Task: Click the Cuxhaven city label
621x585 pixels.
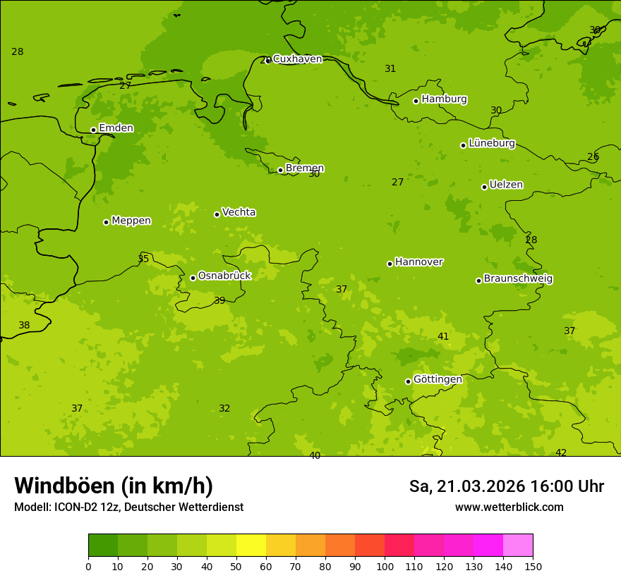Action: (x=297, y=59)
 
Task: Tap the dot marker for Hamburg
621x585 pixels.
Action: (x=416, y=101)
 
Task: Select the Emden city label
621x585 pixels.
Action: (x=116, y=128)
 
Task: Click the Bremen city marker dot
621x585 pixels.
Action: (x=280, y=170)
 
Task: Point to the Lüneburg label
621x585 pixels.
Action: (x=492, y=144)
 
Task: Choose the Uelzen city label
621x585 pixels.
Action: (x=506, y=185)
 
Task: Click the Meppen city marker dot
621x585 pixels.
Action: (x=106, y=222)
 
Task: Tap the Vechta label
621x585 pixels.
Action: (x=239, y=212)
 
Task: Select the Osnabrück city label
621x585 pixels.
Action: (x=224, y=276)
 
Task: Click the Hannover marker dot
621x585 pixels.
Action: (x=390, y=264)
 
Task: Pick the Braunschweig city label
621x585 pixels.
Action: (x=518, y=279)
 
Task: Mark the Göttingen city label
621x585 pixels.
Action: (x=438, y=380)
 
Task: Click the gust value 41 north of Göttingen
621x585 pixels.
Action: (x=443, y=337)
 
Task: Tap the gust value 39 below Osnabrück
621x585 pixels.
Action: (x=219, y=301)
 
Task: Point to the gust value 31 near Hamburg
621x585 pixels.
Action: (x=390, y=69)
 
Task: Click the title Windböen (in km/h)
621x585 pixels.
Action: (x=114, y=486)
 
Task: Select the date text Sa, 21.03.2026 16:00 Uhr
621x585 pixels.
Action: (x=506, y=486)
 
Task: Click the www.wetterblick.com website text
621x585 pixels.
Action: (x=509, y=507)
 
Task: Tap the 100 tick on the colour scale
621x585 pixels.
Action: (x=385, y=566)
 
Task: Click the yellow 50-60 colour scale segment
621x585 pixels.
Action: (x=251, y=546)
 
